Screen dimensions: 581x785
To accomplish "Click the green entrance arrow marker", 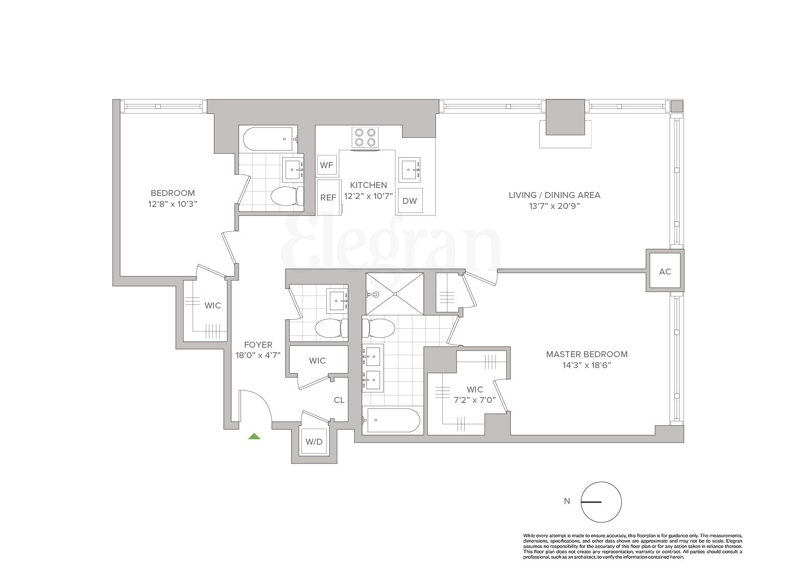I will [x=254, y=437].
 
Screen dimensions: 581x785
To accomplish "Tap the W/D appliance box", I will [x=314, y=441].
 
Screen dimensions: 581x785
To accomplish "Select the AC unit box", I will [x=665, y=272].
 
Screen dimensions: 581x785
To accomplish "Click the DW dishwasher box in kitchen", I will [x=409, y=201].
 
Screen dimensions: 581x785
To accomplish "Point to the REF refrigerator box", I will [x=328, y=197].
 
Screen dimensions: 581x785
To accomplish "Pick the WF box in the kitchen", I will [x=326, y=165].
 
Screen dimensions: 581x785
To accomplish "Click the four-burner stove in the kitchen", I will [x=365, y=137].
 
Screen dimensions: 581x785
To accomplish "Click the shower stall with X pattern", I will [x=395, y=293].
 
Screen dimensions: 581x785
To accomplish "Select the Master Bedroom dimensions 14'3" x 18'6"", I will [x=587, y=365].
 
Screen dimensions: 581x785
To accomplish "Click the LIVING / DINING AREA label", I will [x=554, y=195].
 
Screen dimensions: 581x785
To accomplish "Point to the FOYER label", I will [x=258, y=345].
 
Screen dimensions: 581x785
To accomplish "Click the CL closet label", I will [x=339, y=400].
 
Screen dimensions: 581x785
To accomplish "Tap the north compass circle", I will [x=601, y=502].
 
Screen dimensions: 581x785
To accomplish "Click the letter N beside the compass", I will [x=567, y=501].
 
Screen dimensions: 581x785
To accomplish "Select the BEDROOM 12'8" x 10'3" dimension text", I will [x=173, y=204].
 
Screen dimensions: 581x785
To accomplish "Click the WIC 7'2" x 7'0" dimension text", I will [x=474, y=399].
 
